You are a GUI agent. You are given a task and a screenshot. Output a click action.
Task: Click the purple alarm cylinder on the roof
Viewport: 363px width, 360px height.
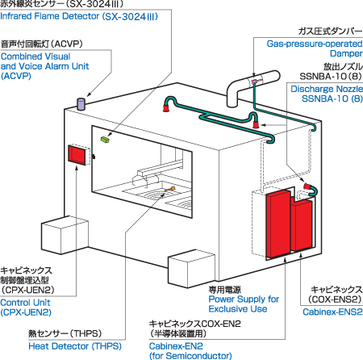click(81, 104)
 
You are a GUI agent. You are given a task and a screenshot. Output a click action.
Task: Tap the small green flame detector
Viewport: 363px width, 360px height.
click(105, 139)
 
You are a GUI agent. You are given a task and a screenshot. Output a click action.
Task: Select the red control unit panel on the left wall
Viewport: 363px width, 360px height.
click(77, 155)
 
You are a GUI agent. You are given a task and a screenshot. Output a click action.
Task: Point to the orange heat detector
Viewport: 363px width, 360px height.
click(170, 190)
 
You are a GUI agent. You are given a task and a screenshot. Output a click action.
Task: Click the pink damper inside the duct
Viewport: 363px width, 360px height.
click(254, 81)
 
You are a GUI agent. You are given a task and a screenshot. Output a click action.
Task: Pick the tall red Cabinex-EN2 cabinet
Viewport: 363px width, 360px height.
click(278, 224)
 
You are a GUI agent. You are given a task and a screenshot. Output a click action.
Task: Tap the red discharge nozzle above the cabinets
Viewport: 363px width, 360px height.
click(307, 186)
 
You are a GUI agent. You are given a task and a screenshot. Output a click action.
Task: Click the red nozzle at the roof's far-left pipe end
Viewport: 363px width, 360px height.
click(166, 108)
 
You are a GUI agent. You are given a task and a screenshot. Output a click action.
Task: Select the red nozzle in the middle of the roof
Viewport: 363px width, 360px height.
click(256, 124)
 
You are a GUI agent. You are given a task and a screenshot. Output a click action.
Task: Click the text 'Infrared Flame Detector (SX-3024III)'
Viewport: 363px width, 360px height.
click(79, 16)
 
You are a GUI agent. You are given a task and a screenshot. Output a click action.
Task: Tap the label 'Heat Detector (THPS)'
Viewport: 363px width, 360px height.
click(75, 346)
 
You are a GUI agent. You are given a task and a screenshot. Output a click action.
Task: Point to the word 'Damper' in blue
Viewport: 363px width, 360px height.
click(346, 53)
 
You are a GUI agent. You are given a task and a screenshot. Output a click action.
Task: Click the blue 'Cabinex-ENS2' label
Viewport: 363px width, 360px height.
click(332, 312)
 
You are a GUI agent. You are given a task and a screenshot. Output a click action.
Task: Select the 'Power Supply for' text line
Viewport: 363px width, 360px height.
click(244, 299)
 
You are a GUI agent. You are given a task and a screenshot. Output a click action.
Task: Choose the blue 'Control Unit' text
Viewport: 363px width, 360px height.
click(25, 303)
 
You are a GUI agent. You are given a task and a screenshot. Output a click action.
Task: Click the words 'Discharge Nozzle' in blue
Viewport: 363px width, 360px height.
click(327, 89)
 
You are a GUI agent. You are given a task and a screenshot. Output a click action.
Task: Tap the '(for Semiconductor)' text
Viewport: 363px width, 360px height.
click(190, 355)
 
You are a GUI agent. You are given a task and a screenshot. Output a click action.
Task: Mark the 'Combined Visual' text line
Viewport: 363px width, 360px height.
click(35, 57)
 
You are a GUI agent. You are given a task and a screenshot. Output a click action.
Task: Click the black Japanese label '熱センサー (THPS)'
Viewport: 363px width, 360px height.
click(65, 333)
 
